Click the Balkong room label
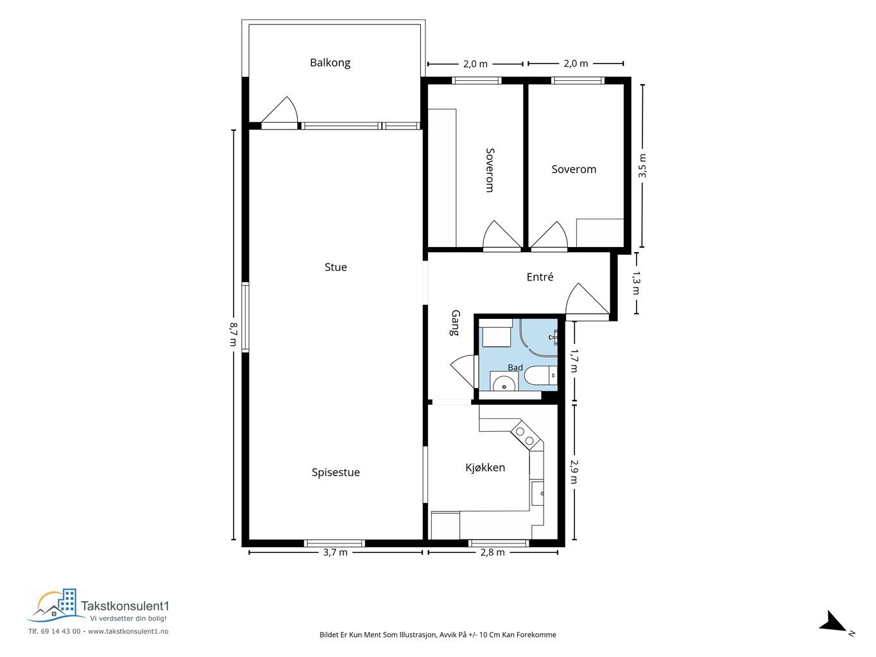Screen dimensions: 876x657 pos(330,63)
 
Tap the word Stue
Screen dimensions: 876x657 pos(336,267)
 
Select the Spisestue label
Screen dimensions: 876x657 pos(336,472)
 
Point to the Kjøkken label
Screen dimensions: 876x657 pos(485,467)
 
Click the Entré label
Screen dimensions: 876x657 pos(540,277)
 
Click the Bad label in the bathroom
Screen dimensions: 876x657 pos(515,368)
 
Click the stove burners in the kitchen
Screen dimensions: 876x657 pos(525,436)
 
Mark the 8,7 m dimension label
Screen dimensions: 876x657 pos(234,334)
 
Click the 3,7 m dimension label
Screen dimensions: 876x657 pos(335,552)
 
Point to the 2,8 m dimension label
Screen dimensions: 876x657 pos(492,552)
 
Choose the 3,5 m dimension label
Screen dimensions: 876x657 pos(642,166)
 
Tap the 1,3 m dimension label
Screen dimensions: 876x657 pos(636,283)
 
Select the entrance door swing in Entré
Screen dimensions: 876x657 pos(587,299)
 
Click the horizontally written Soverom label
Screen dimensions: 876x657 pos(574,169)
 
